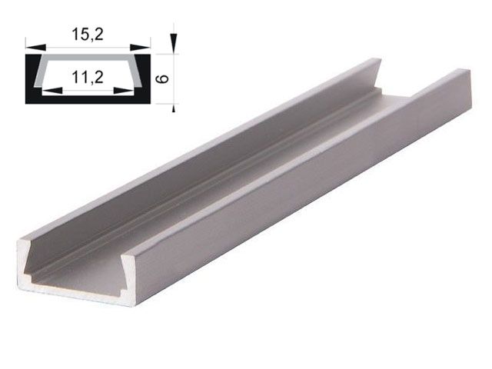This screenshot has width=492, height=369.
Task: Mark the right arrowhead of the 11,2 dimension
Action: tap(128, 90)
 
